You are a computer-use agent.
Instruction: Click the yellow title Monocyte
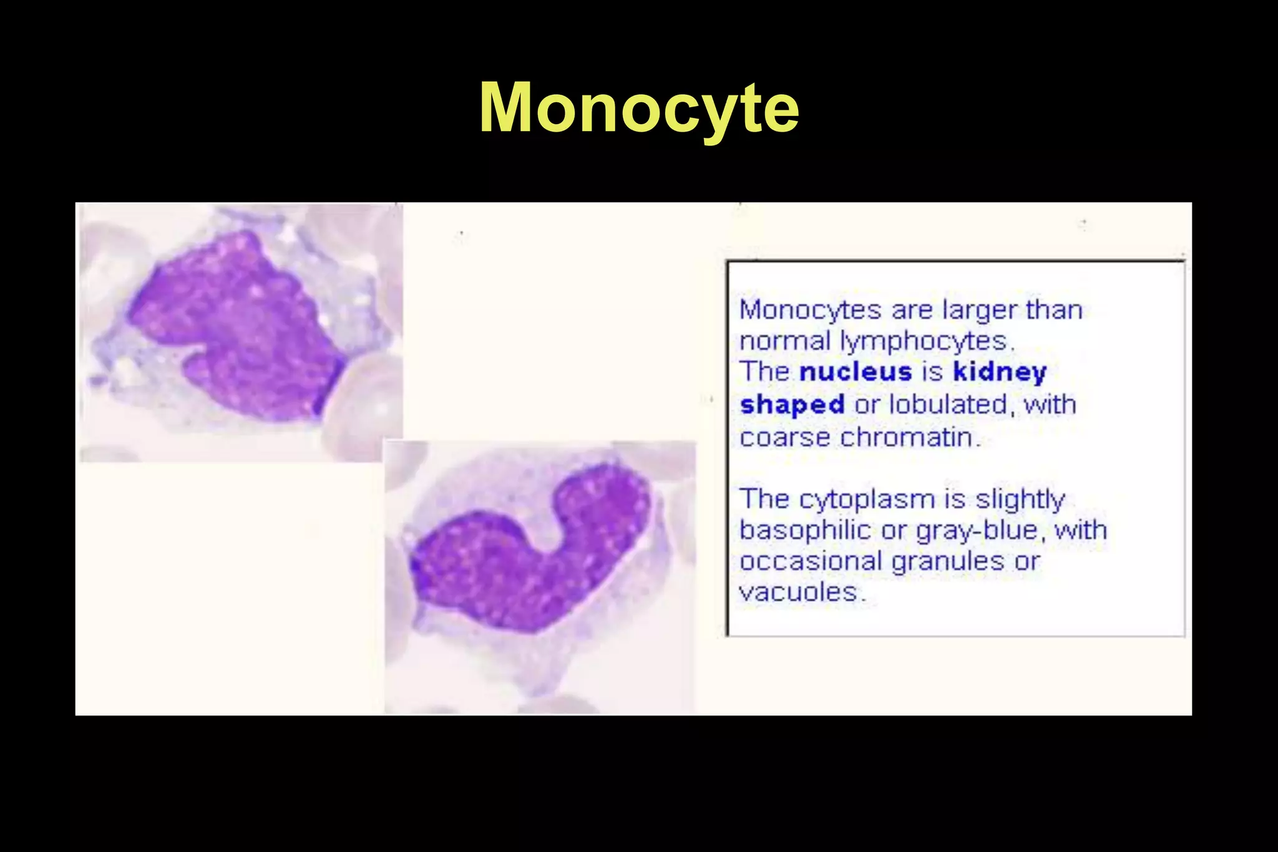pyautogui.click(x=639, y=108)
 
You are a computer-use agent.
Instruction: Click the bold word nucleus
pyautogui.click(x=856, y=372)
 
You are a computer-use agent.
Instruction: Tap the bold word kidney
pyautogui.click(x=1000, y=372)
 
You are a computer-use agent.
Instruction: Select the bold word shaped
pyautogui.click(x=792, y=405)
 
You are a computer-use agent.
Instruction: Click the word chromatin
pyautogui.click(x=910, y=437)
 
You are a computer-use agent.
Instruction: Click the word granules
pyautogui.click(x=948, y=561)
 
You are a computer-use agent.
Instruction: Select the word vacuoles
pyautogui.click(x=801, y=592)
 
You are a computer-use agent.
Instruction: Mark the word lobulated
pyautogui.click(x=948, y=405)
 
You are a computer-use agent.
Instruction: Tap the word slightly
pyautogui.click(x=1020, y=500)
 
